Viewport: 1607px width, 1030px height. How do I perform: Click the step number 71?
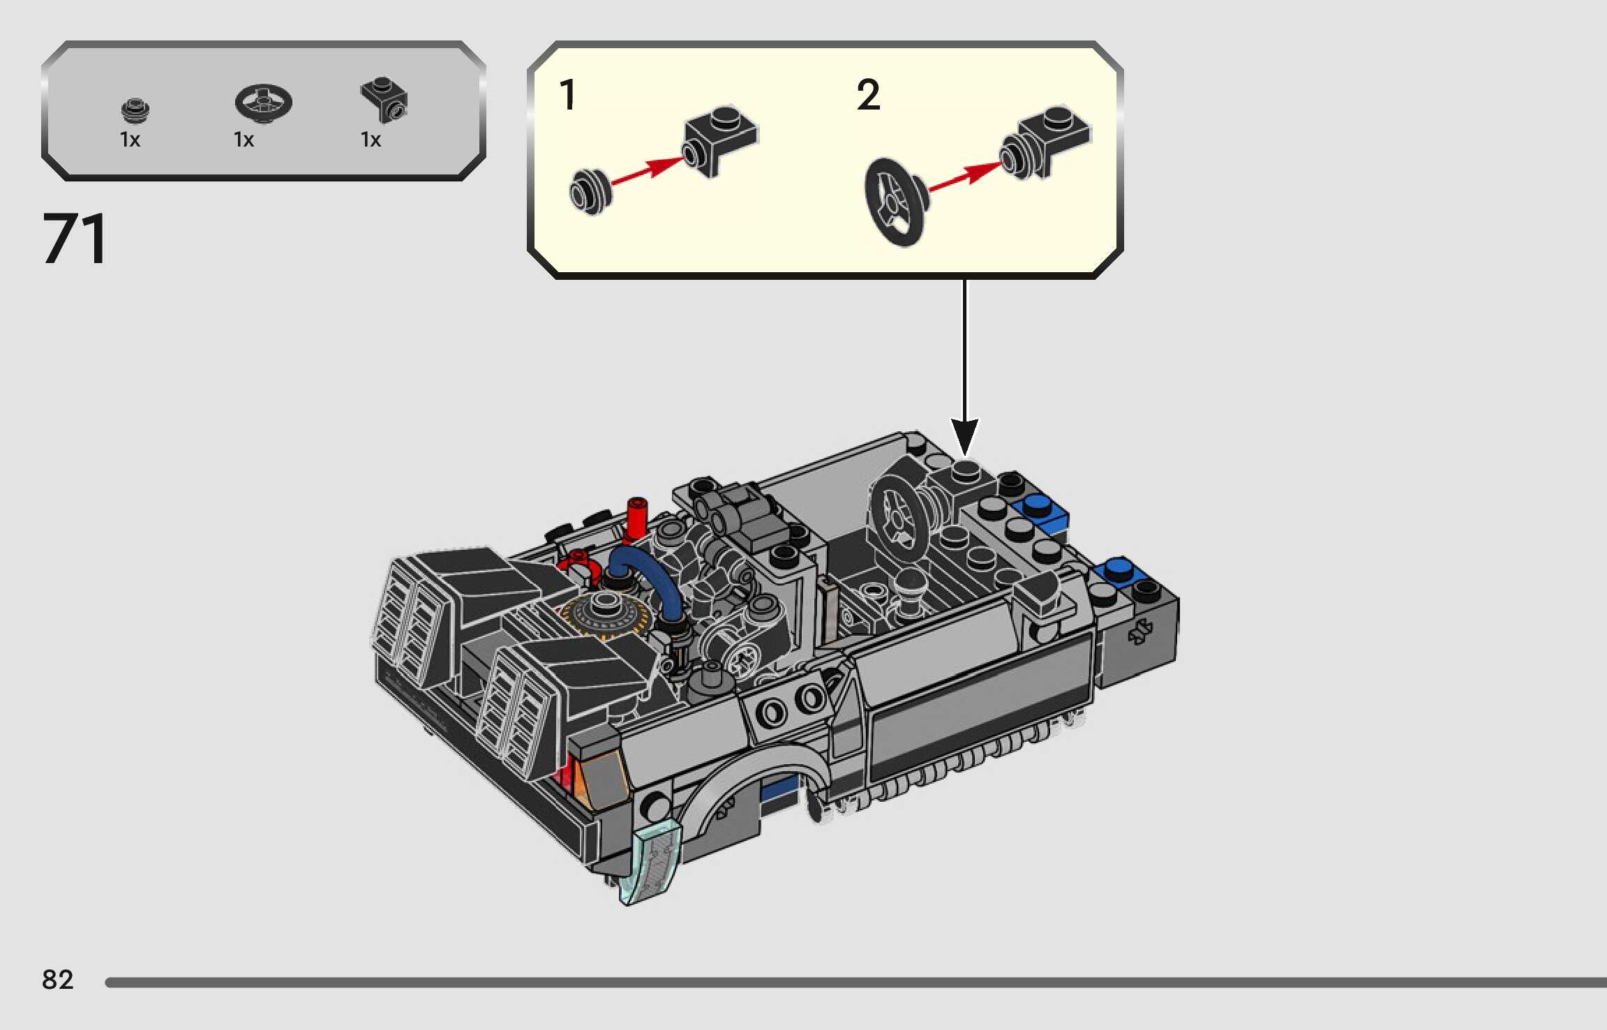(75, 239)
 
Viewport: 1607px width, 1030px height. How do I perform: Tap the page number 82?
(57, 980)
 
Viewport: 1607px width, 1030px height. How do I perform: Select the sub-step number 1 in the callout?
(567, 95)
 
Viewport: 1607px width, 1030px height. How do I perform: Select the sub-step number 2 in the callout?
(868, 95)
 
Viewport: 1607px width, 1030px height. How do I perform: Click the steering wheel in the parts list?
(263, 103)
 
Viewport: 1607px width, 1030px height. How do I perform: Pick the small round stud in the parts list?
(135, 110)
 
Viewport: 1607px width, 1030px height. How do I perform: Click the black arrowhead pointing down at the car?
(964, 435)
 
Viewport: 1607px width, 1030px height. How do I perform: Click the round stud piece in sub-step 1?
(590, 191)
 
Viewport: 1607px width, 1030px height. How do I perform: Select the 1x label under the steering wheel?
(244, 140)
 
